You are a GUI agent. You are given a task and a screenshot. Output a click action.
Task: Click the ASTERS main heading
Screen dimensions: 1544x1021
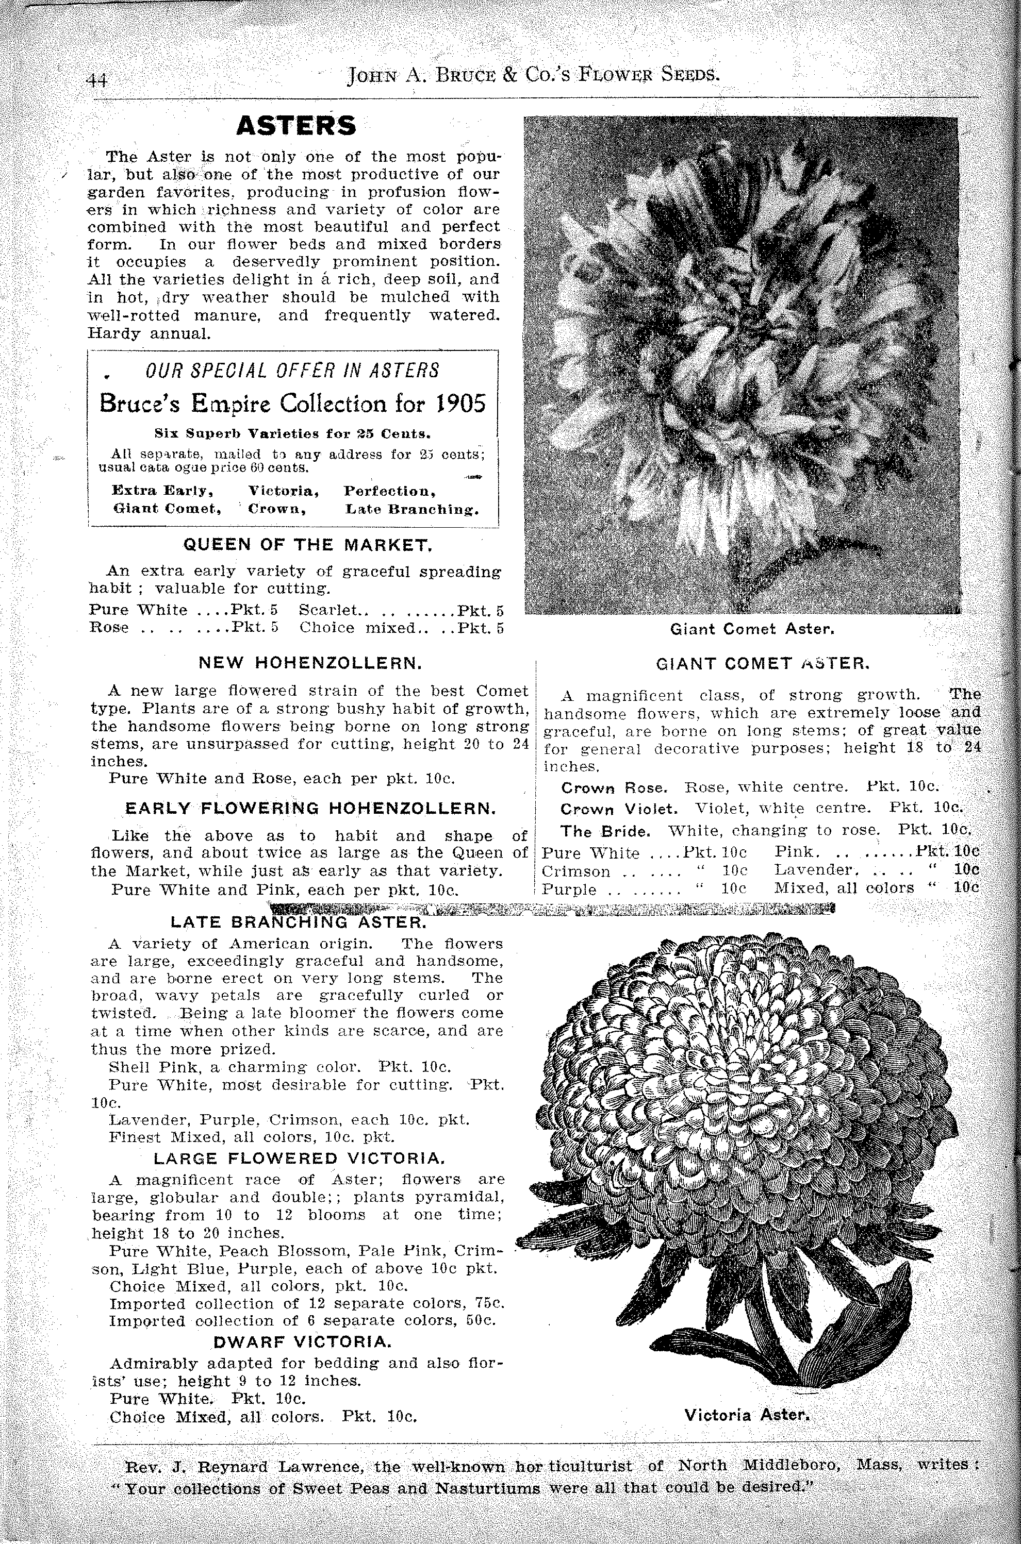coord(297,126)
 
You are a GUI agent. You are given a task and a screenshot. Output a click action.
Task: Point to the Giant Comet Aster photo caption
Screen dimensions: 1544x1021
coord(752,629)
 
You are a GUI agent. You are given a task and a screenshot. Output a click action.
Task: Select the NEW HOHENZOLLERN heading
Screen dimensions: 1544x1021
coord(310,663)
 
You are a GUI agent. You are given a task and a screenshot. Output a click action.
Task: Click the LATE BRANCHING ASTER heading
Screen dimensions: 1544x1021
coord(298,922)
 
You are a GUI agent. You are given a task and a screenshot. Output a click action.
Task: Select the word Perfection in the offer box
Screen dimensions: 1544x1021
coord(389,491)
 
